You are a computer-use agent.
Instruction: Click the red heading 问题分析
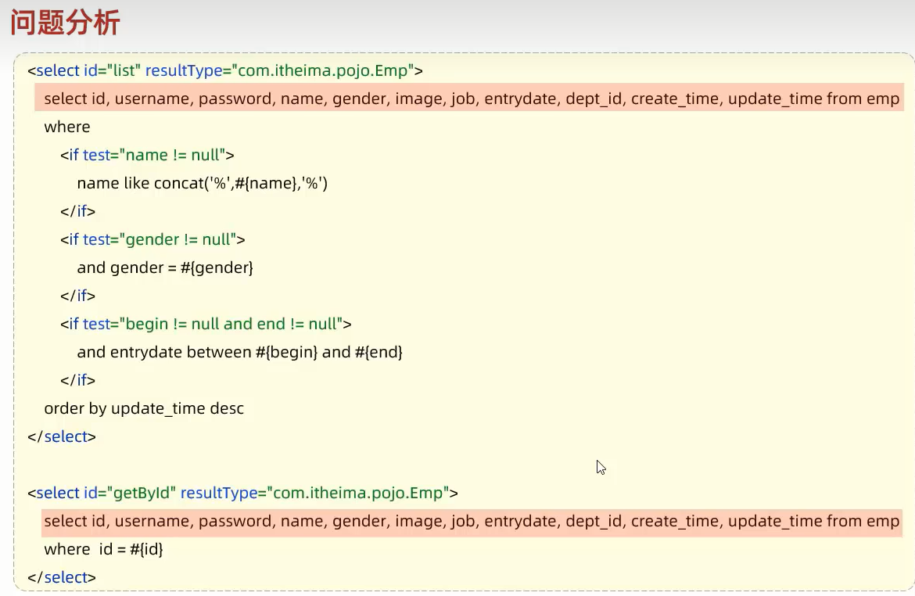tap(65, 23)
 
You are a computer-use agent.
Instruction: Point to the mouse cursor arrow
tap(600, 467)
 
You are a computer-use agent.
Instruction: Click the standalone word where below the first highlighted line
tap(67, 127)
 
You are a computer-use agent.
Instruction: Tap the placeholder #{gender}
tap(221, 268)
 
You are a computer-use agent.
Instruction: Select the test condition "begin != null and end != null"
tap(232, 325)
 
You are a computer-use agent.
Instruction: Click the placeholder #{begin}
tap(286, 353)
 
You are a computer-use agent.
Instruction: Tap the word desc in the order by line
tap(227, 409)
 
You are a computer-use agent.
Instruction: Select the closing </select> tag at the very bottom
tap(62, 578)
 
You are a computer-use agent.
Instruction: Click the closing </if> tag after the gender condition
tap(78, 296)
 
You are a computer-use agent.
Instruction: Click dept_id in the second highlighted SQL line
tap(594, 522)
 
